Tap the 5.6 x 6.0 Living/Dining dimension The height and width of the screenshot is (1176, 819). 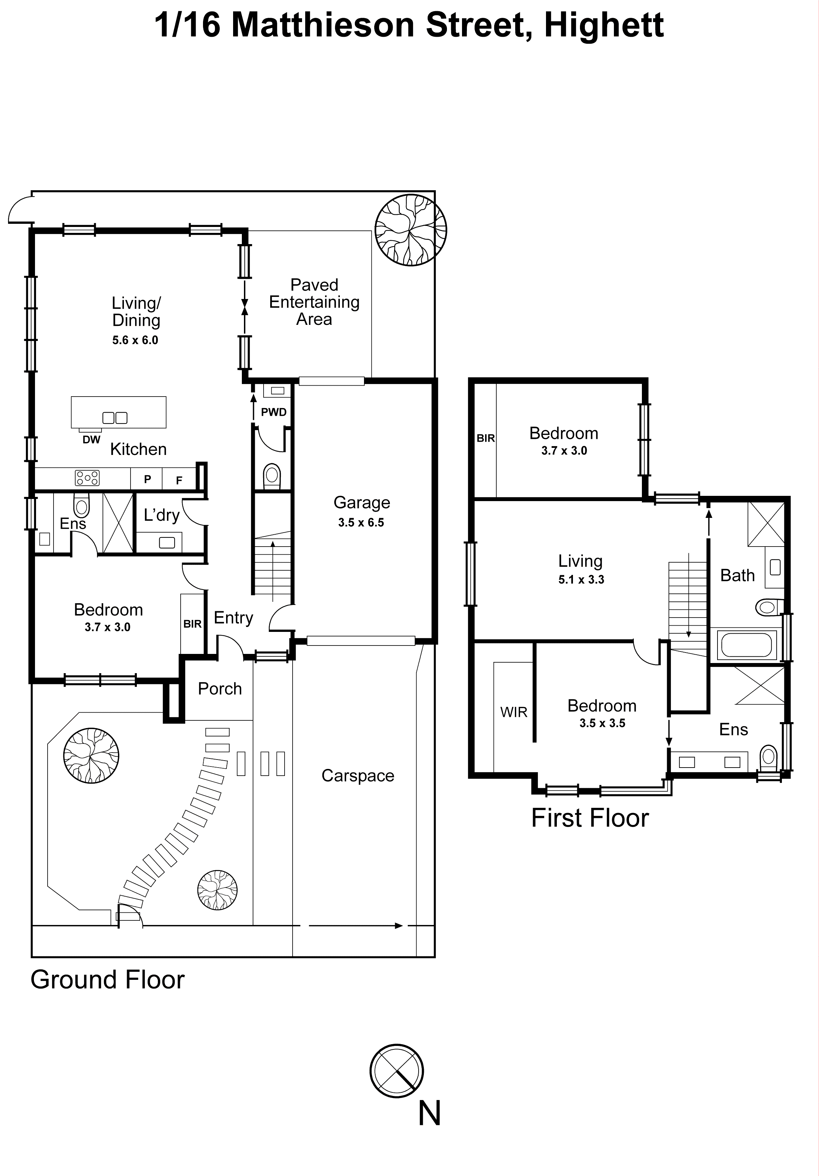point(135,340)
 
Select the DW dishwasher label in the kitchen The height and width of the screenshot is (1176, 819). point(91,440)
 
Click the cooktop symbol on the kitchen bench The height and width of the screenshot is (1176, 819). point(87,478)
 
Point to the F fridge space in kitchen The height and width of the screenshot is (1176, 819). point(179,480)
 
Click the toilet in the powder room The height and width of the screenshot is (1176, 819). point(272,476)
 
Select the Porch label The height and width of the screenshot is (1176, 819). point(220,689)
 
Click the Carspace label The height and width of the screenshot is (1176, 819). point(358,776)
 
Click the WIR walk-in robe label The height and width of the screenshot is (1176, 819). point(513,712)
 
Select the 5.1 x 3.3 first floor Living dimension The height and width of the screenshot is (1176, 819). point(581,580)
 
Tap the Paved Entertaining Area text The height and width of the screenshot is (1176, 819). point(314,302)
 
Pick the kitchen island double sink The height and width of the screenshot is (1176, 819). point(115,418)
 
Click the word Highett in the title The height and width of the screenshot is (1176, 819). point(604,25)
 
